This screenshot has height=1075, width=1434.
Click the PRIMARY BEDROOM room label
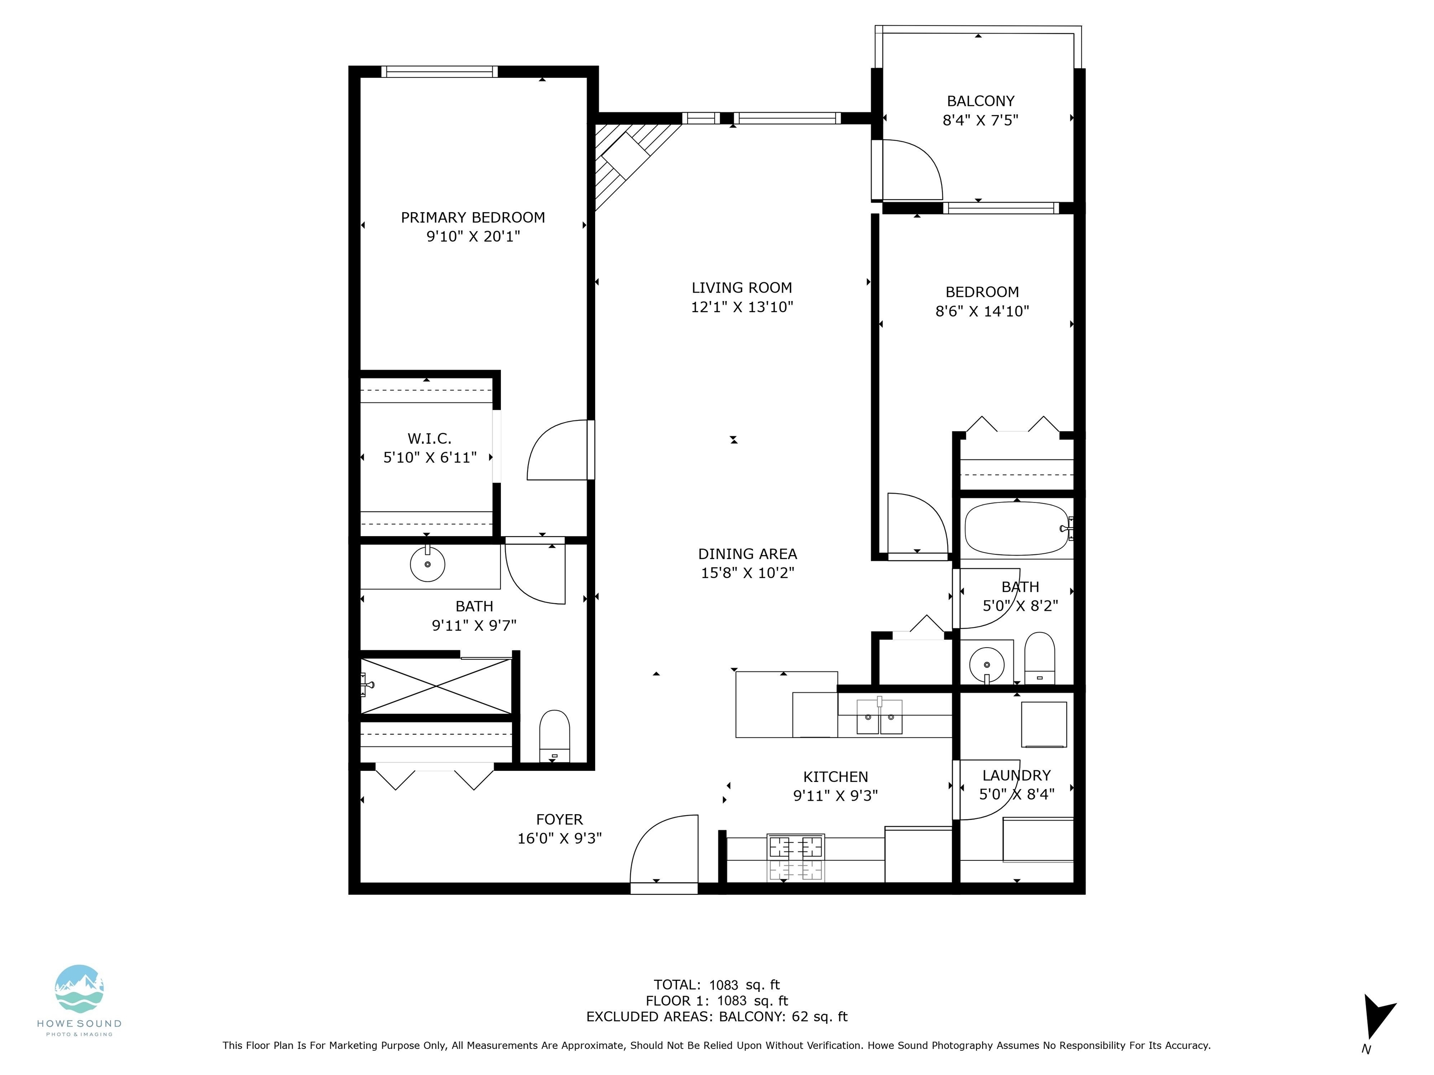472,218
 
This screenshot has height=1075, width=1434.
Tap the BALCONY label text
980,101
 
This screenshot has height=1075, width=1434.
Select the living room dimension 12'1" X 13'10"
742,307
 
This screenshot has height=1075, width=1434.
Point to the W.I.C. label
429,439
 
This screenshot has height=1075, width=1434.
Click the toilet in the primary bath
554,736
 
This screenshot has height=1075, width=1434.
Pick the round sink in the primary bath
427,564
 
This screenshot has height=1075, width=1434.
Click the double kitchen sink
879,716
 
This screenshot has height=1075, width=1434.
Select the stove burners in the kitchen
795,857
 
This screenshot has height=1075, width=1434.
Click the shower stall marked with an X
436,686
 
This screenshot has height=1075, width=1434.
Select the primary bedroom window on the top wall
440,71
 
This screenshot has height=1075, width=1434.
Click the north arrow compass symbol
1377,1017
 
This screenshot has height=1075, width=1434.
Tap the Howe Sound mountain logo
79,989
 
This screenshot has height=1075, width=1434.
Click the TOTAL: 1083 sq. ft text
717,985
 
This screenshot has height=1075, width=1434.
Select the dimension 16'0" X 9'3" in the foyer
560,838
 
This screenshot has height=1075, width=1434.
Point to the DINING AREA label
747,554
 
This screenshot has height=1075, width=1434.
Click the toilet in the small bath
1039,658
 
